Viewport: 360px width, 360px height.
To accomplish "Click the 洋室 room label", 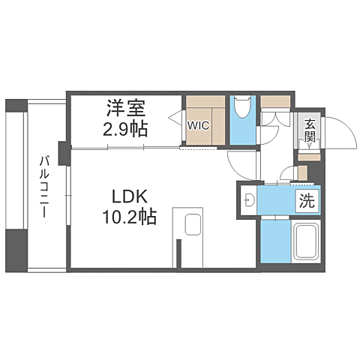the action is [126, 108].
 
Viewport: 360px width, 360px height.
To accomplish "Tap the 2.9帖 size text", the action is [125, 129].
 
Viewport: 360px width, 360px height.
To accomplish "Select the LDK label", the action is [129, 196].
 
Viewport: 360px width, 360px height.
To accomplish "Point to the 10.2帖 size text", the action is [129, 217].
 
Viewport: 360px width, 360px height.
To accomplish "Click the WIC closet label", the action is [199, 125].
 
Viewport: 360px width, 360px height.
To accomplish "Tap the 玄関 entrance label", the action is [310, 131].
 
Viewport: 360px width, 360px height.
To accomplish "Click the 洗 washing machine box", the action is [307, 201].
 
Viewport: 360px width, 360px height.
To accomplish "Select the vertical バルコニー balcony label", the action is [44, 187].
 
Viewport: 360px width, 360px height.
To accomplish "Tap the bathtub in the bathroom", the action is [306, 241].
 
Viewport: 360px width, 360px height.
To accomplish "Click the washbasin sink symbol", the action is [249, 200].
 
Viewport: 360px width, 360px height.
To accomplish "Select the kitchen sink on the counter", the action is [193, 224].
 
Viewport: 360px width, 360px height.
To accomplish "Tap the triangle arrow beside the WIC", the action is [175, 116].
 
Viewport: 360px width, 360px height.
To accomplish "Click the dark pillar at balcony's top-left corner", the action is [16, 106].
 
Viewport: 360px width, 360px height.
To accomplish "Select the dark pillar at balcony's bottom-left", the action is [16, 250].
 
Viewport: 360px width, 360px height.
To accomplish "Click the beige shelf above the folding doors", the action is [275, 101].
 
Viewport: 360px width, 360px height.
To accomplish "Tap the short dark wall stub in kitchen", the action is [178, 253].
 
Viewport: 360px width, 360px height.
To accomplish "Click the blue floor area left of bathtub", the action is [276, 241].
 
